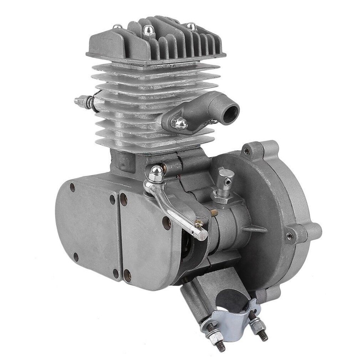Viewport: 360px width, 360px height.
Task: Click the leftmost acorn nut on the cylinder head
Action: click(118, 27)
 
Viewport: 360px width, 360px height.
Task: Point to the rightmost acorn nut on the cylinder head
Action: click(191, 26)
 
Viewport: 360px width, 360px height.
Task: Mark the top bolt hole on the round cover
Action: click(246, 151)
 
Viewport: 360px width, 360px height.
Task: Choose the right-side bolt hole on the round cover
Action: click(289, 235)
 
